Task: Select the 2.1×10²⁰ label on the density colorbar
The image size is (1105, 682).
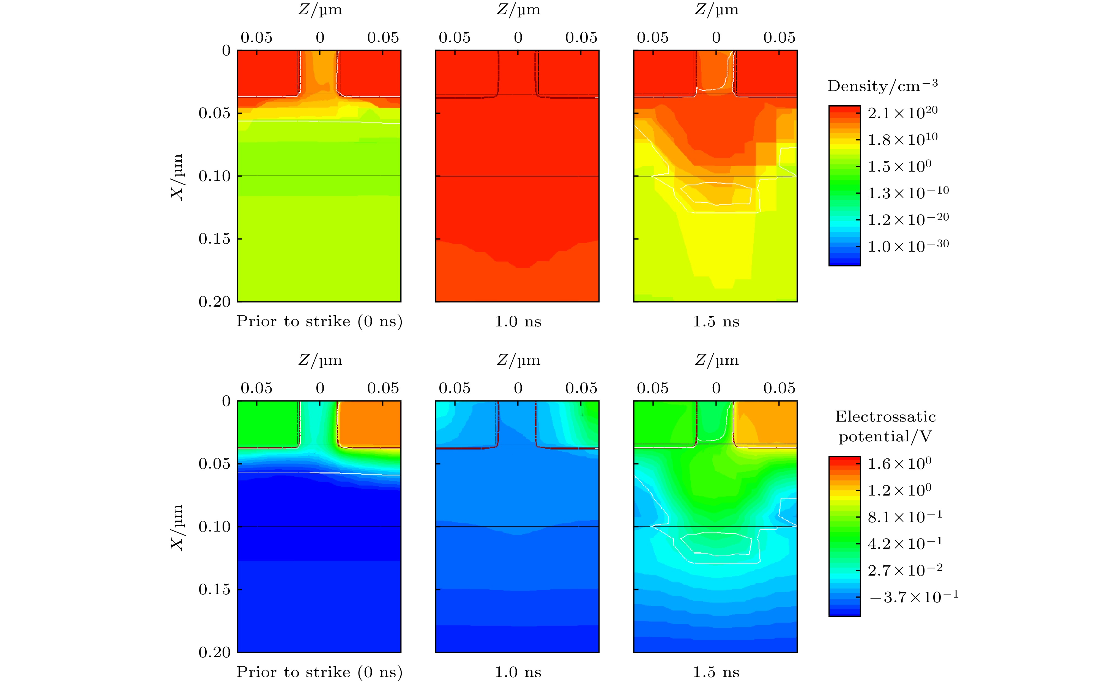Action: pos(902,113)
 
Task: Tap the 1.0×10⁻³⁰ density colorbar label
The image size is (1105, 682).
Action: pos(908,246)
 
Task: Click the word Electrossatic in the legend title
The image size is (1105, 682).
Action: pos(885,416)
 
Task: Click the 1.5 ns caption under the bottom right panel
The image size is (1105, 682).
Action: pos(716,672)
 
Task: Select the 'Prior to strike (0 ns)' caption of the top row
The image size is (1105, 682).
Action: pos(319,321)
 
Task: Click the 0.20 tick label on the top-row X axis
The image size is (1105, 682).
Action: pos(214,301)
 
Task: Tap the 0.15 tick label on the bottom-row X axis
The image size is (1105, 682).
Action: pos(214,589)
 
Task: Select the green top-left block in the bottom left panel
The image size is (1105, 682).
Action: pos(267,424)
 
